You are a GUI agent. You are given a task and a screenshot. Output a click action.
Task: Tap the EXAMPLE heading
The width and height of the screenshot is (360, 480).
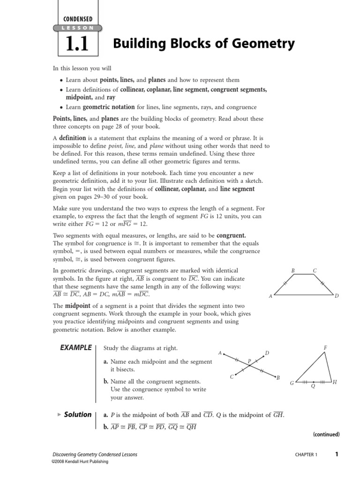pos(75,347)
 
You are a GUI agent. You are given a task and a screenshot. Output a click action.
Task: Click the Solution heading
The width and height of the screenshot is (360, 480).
pos(77,414)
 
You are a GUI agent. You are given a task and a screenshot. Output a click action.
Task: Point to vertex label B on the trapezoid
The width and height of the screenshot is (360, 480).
pos(293,270)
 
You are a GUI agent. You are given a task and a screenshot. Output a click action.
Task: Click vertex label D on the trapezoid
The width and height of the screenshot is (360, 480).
pos(337,296)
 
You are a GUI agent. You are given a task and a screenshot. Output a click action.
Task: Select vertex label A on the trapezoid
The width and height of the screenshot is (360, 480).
pos(270,296)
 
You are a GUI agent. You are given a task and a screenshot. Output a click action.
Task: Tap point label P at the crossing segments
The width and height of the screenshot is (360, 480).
pos(249,361)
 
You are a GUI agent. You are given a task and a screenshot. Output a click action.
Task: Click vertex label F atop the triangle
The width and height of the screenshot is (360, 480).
pos(325,347)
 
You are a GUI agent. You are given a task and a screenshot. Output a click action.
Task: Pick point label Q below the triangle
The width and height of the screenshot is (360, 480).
pos(313,386)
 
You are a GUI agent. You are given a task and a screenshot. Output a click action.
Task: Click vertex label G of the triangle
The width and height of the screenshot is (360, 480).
pos(292,383)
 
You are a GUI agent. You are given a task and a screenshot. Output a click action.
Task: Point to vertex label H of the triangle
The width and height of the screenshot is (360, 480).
pos(335,382)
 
